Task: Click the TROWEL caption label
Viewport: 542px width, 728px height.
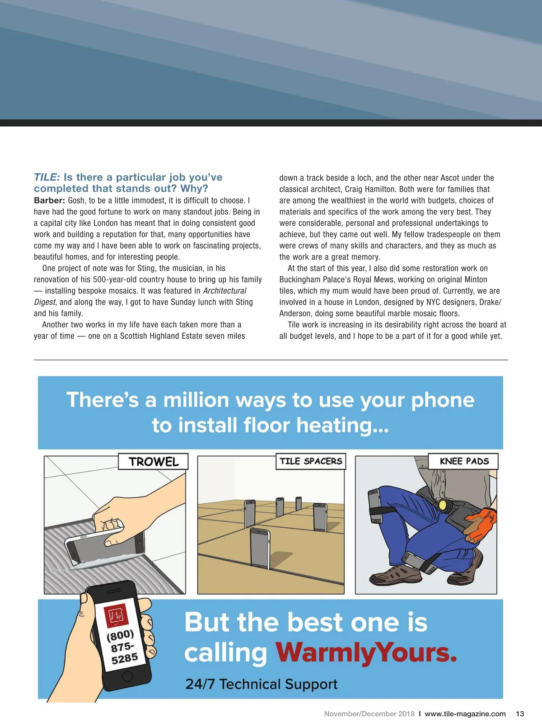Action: click(153, 462)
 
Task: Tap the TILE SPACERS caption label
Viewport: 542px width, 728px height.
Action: click(311, 461)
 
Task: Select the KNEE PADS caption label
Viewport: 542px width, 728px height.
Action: click(464, 461)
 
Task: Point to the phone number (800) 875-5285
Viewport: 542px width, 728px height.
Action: click(122, 647)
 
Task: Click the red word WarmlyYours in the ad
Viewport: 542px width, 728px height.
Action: click(366, 652)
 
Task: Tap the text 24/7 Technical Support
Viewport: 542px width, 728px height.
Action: click(261, 684)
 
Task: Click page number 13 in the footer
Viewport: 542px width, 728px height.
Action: click(520, 714)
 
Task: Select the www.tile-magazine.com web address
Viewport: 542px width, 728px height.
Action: click(465, 714)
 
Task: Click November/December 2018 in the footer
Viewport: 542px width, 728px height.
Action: click(369, 714)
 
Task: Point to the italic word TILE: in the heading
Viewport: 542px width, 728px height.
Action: click(47, 177)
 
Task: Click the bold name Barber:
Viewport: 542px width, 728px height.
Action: click(49, 200)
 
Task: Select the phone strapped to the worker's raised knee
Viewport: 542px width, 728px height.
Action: click(375, 506)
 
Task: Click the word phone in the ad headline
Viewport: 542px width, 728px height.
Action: click(443, 400)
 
